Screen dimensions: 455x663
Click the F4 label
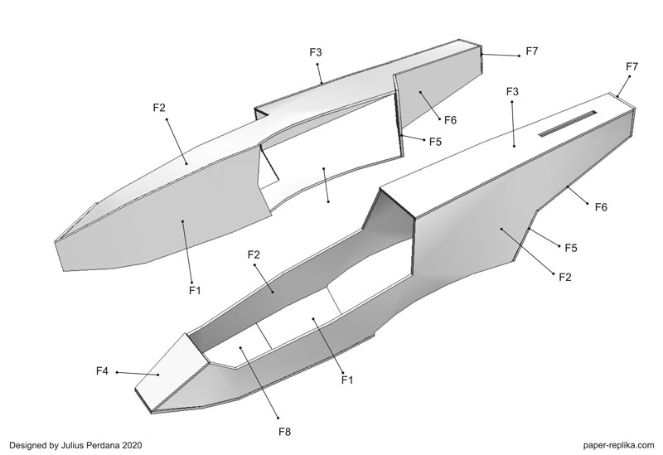[102, 370]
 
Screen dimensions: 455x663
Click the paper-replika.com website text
[612, 445]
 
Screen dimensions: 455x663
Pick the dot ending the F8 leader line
[241, 349]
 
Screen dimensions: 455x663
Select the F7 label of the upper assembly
[531, 51]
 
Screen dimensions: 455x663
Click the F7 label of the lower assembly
[632, 66]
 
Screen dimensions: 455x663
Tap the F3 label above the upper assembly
[316, 52]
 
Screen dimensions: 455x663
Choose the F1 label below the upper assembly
[195, 290]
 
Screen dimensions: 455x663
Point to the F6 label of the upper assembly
[450, 120]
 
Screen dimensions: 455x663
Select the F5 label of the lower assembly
[570, 248]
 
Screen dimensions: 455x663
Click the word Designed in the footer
[27, 445]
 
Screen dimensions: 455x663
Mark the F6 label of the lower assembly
[602, 207]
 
